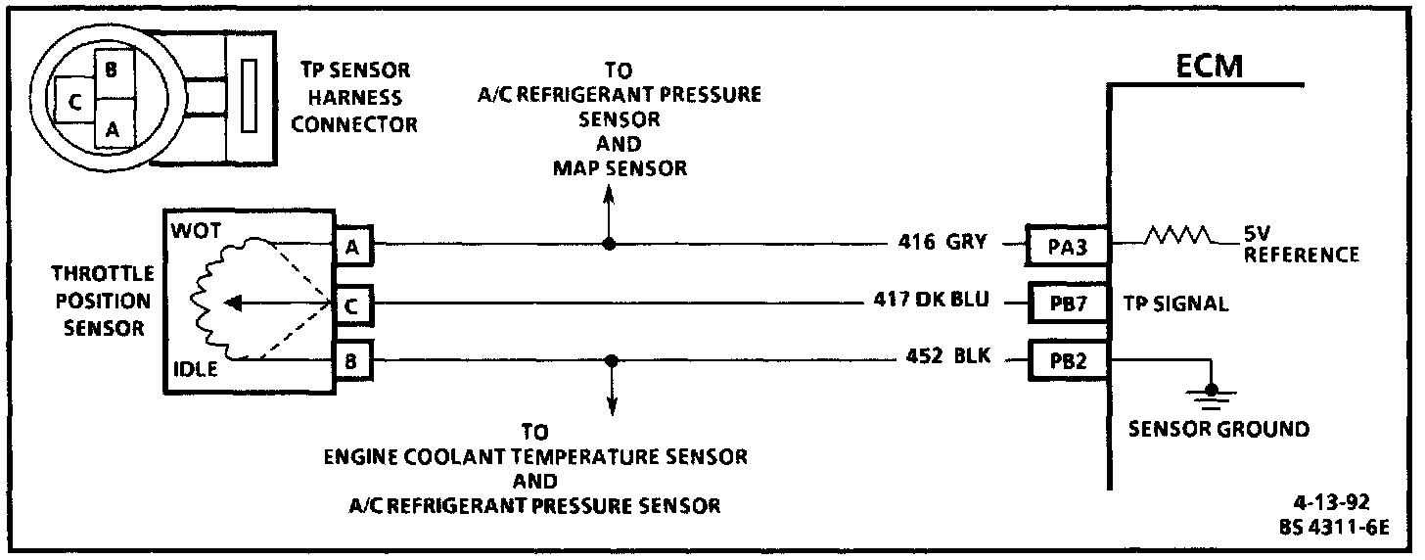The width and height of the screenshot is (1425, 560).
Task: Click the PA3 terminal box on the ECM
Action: point(1067,245)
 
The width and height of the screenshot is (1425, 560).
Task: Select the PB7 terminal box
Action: point(1067,303)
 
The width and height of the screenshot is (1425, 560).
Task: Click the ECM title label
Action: point(1210,67)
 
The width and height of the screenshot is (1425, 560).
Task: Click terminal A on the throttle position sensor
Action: point(352,246)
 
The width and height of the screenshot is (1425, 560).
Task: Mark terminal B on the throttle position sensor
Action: point(352,361)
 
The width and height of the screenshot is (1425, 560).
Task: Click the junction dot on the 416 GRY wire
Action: point(609,244)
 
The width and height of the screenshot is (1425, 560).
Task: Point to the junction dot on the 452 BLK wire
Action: point(612,360)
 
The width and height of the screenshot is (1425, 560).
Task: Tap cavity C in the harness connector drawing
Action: point(72,101)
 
